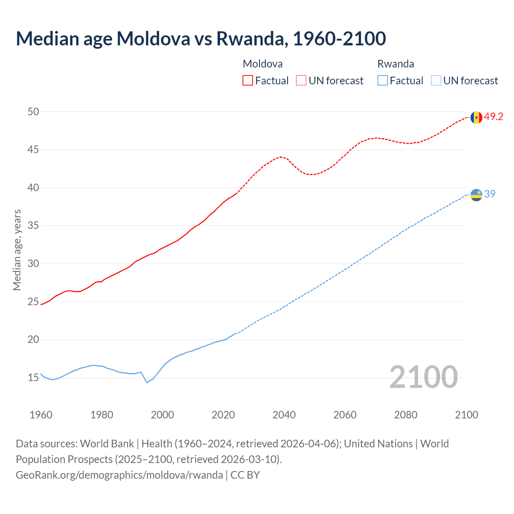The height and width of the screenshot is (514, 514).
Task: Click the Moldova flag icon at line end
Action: [x=476, y=117]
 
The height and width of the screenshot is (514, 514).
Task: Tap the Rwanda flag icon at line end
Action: [x=476, y=195]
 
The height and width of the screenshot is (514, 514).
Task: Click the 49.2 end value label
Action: [x=494, y=116]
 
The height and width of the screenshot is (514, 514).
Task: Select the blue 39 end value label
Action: [x=490, y=194]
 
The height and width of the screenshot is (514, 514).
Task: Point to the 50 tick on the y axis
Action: [x=33, y=112]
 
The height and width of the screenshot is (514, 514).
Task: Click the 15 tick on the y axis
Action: [x=33, y=377]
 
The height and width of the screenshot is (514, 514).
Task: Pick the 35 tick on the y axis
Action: [x=33, y=226]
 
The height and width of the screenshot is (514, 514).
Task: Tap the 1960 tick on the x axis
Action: [x=41, y=415]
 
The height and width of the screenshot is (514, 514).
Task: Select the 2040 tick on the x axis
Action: [x=284, y=415]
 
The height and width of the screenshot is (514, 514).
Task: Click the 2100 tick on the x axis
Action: [x=466, y=415]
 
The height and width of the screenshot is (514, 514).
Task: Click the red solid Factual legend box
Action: [x=248, y=81]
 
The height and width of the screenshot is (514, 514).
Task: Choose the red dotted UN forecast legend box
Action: [x=301, y=81]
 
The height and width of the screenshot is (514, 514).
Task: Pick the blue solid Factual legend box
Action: [x=383, y=81]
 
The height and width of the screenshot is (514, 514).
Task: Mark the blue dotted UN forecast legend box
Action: [x=436, y=81]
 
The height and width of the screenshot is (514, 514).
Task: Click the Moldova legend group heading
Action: [x=263, y=64]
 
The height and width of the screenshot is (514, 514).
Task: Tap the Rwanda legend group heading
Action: [x=396, y=64]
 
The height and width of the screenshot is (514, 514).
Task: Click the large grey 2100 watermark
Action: [x=423, y=377]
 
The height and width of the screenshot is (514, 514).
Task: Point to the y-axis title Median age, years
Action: [x=17, y=250]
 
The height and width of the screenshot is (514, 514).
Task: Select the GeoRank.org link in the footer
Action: [x=119, y=475]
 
